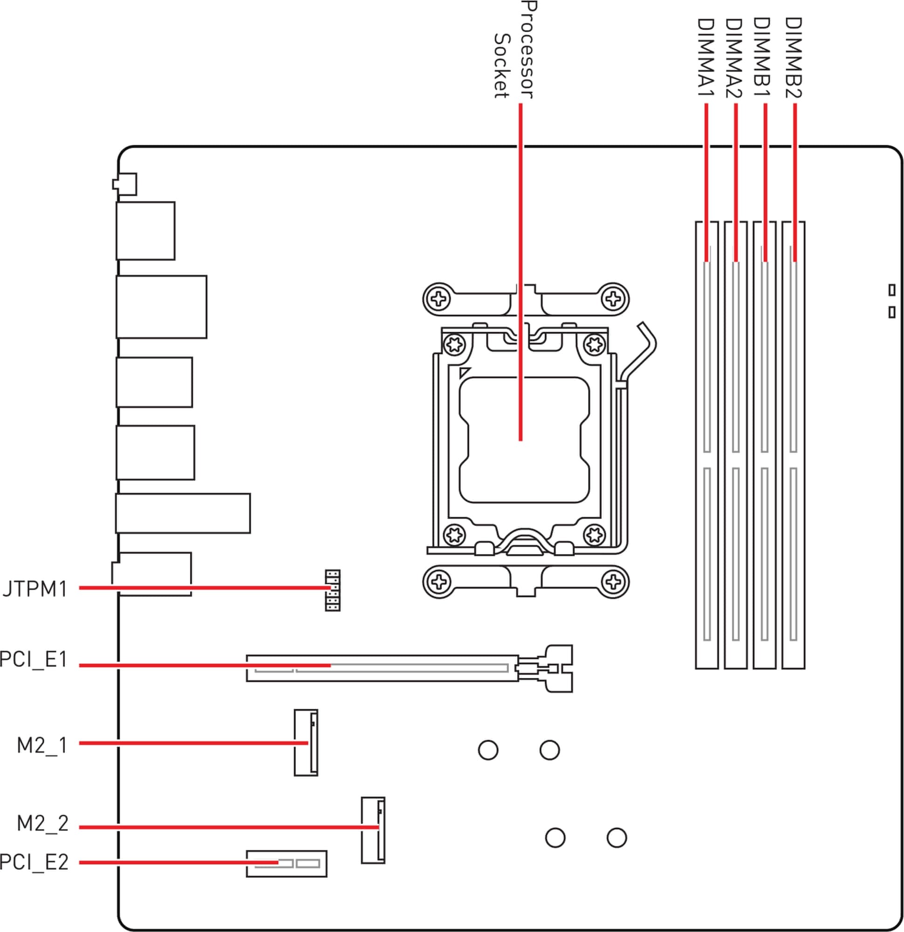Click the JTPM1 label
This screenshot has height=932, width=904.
[x=34, y=589]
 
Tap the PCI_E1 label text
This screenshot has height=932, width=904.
[x=33, y=659]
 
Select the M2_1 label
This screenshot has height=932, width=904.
[x=42, y=745]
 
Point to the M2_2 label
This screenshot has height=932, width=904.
[x=43, y=823]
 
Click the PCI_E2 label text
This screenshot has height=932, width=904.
[x=34, y=862]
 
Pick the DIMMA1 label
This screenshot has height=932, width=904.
[x=705, y=57]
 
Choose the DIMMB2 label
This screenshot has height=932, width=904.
[x=793, y=57]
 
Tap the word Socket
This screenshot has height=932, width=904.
[x=502, y=66]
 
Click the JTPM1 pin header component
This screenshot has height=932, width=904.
[x=332, y=590]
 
